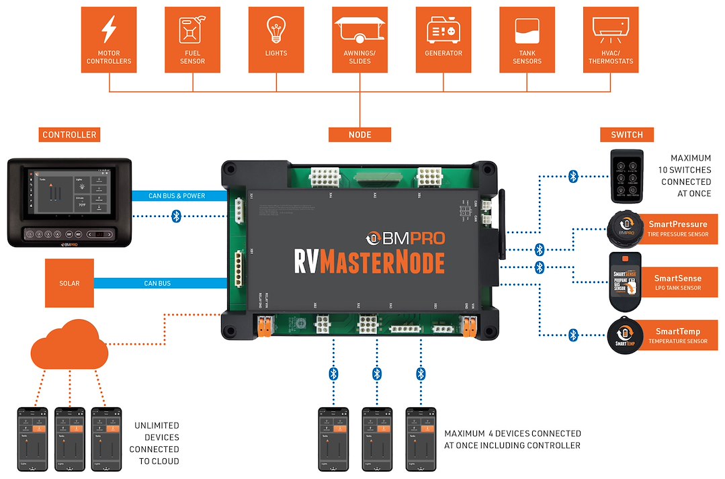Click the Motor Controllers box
pyautogui.click(x=108, y=40)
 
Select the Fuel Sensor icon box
pyautogui.click(x=192, y=40)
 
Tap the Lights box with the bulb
pyautogui.click(x=275, y=40)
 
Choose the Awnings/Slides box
pyautogui.click(x=359, y=40)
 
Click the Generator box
pyautogui.click(x=443, y=40)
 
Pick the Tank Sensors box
pyautogui.click(x=527, y=40)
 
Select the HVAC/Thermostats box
pyautogui.click(x=611, y=40)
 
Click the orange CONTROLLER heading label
pyautogui.click(x=69, y=135)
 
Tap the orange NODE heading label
pyautogui.click(x=359, y=135)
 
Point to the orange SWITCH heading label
pyautogui.click(x=626, y=135)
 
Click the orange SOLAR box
pyautogui.click(x=69, y=283)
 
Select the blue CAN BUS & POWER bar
pyautogui.click(x=179, y=196)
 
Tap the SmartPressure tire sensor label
pyautogui.click(x=677, y=228)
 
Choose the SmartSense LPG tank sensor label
pyautogui.click(x=677, y=282)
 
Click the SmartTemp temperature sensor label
pyautogui.click(x=677, y=335)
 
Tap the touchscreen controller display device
pyautogui.click(x=69, y=202)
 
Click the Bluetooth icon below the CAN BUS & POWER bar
pyautogui.click(x=176, y=216)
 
